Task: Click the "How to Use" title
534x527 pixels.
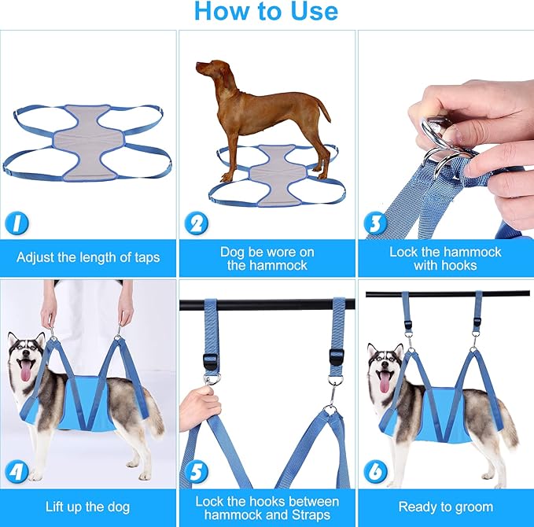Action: (x=266, y=12)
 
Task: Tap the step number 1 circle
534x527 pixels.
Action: (x=16, y=223)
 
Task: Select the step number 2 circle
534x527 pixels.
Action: (x=196, y=223)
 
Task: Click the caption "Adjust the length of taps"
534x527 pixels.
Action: (x=88, y=257)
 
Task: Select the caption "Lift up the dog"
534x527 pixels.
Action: (x=88, y=507)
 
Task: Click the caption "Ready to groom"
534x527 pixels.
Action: (x=445, y=507)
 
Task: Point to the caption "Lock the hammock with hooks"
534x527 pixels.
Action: (x=445, y=259)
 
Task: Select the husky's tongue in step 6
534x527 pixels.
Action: (x=385, y=381)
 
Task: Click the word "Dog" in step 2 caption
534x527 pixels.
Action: (x=233, y=252)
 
